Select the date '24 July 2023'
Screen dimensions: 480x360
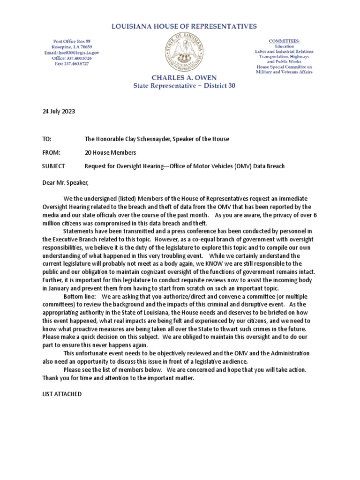tap(59, 112)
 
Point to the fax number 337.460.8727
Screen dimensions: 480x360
tap(72, 64)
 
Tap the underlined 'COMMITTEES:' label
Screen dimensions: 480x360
tap(284, 41)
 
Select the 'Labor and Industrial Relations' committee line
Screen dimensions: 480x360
tap(284, 52)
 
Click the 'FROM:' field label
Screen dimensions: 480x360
tap(51, 153)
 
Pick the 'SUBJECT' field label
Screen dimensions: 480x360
tap(54, 166)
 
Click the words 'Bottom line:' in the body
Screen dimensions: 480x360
tap(80, 297)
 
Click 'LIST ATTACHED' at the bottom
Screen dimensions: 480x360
tap(62, 394)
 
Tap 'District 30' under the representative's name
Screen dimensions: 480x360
tap(219, 86)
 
